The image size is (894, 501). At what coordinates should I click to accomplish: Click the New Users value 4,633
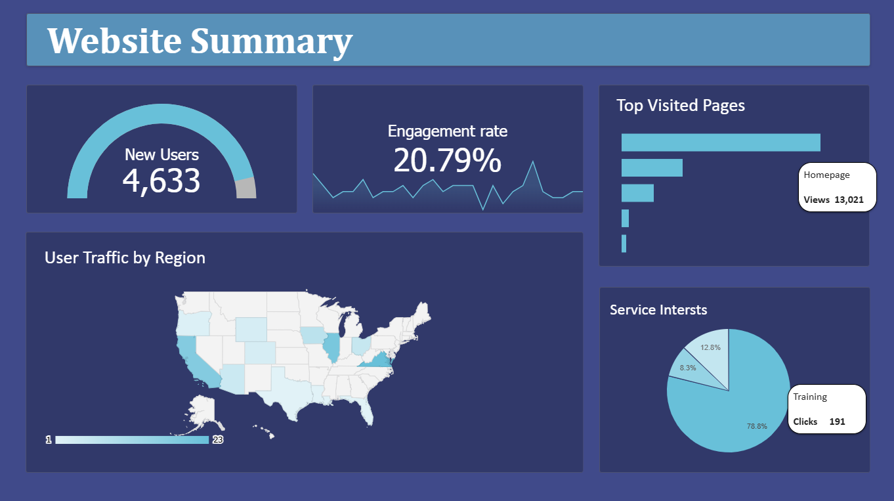[x=161, y=181]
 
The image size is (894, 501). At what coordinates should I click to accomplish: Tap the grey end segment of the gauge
[x=246, y=188]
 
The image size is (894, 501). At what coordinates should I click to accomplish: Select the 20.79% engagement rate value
[x=447, y=161]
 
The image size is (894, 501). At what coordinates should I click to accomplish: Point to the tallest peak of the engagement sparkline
[x=533, y=162]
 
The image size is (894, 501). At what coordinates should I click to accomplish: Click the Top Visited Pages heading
[x=681, y=105]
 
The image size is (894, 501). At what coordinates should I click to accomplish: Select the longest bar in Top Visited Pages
[x=720, y=142]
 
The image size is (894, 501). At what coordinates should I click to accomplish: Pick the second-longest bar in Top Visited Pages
[x=652, y=167]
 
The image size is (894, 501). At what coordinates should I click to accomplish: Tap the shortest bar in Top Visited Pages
[x=624, y=244]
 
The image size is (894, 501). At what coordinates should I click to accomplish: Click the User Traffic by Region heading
[x=125, y=257]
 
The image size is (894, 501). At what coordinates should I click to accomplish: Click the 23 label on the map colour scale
[x=218, y=439]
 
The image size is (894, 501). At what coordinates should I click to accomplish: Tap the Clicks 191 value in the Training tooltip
[x=837, y=422]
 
